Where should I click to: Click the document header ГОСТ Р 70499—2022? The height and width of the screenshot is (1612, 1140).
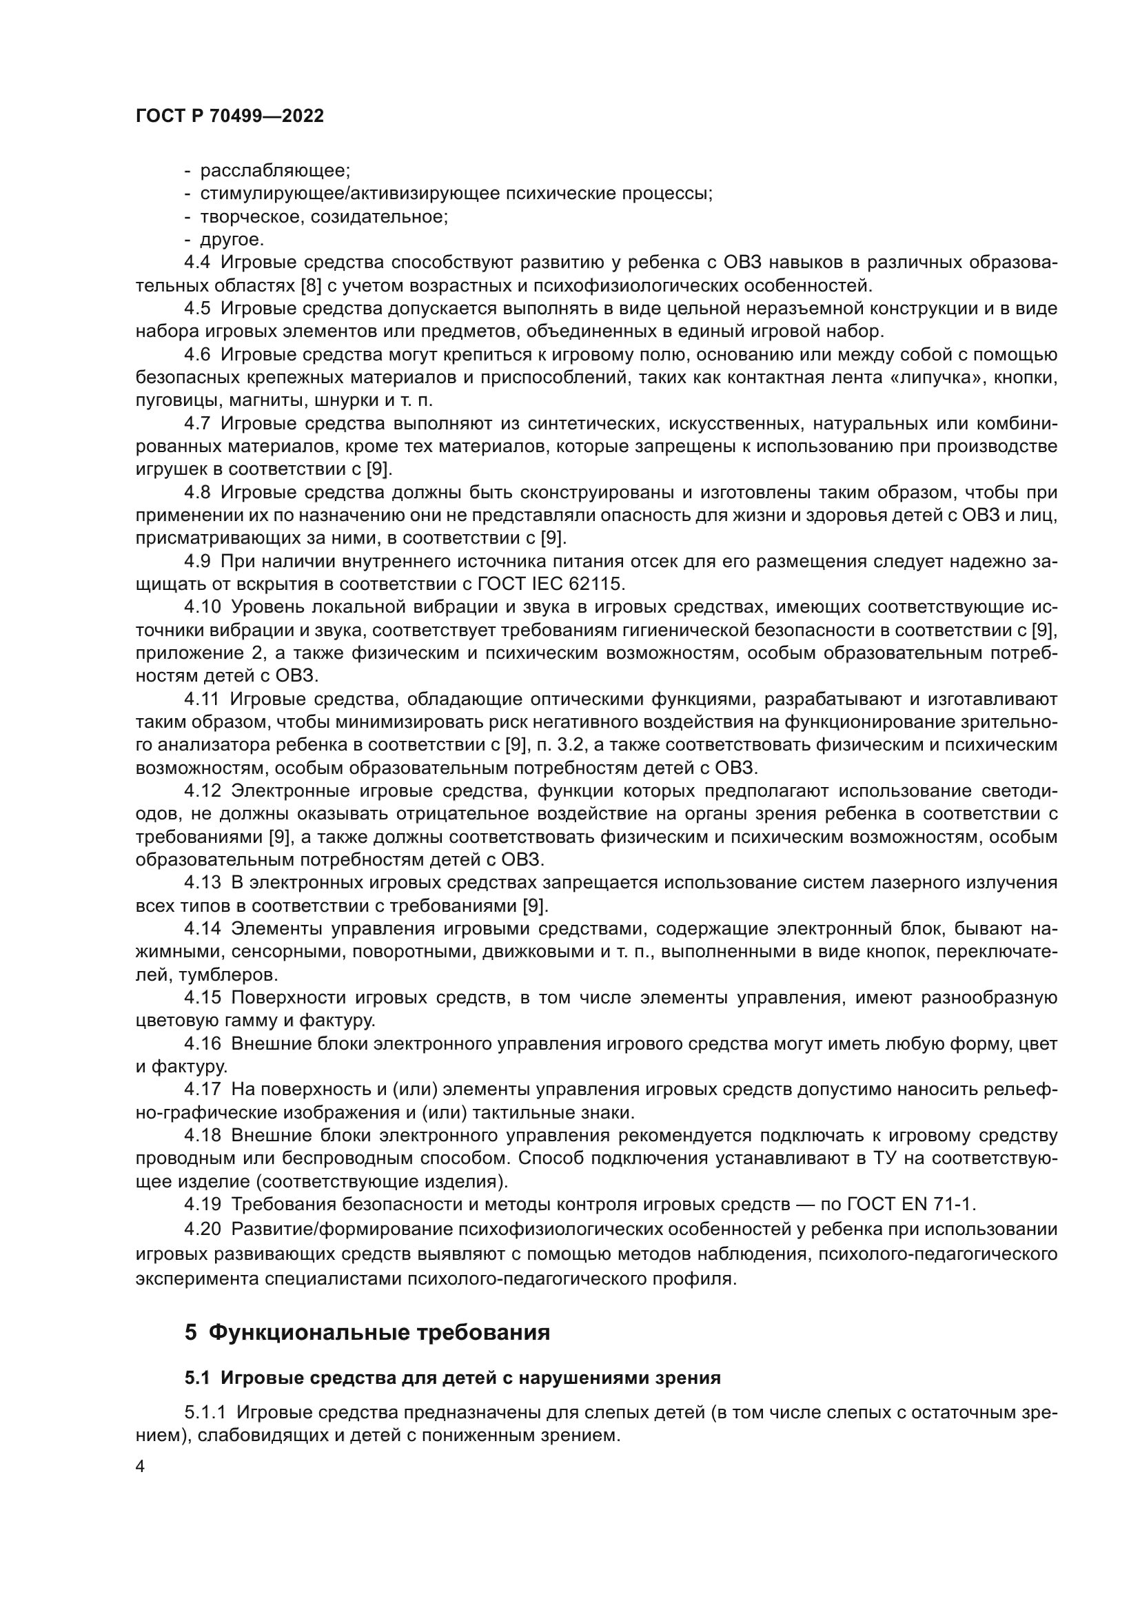230,116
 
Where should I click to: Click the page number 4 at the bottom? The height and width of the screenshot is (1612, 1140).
141,1467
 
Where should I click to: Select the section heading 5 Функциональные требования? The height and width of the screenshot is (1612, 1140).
367,1332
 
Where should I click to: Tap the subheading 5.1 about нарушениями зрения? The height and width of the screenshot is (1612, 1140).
453,1378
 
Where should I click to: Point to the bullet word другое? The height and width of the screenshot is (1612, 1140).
232,239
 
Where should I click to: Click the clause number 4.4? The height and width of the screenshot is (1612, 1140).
197,263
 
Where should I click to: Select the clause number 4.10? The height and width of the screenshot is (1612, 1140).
202,607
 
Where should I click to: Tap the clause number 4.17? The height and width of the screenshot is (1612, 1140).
202,1090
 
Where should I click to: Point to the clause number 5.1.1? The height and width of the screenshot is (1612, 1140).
205,1413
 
